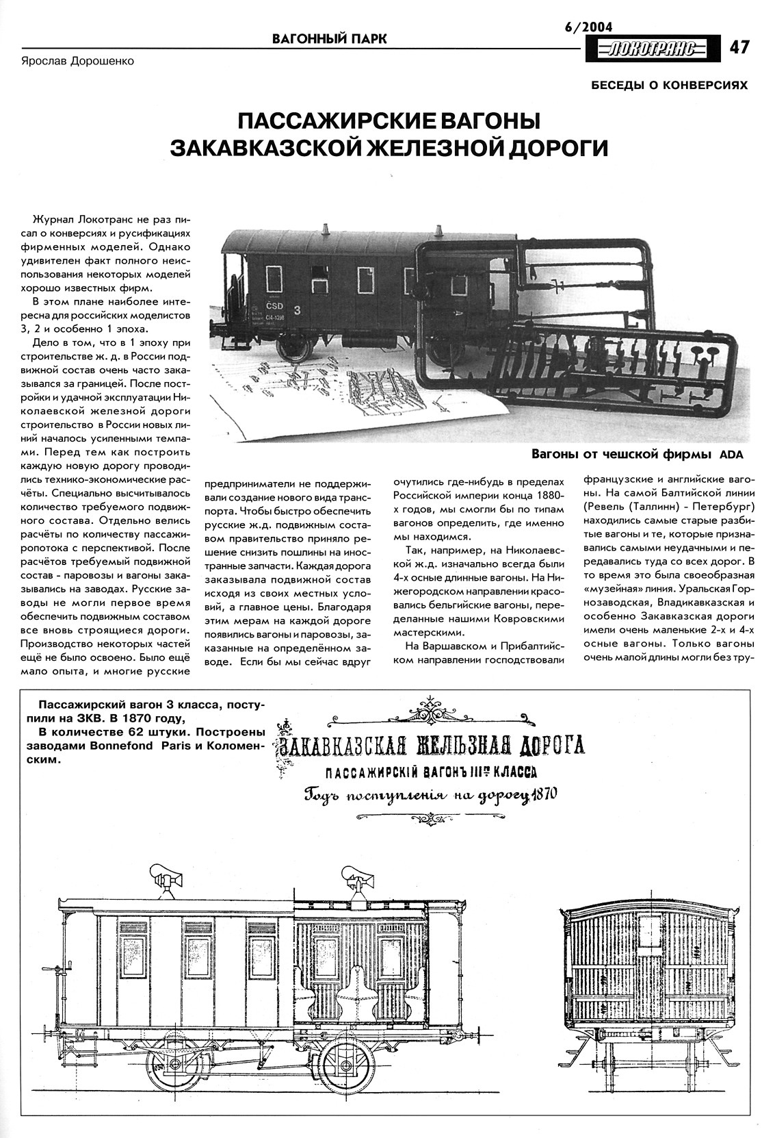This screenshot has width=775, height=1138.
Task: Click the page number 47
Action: tap(739, 47)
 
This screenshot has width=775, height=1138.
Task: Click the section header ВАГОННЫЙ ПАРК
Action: tap(329, 39)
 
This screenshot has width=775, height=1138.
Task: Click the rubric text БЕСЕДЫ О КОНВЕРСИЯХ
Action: tap(669, 85)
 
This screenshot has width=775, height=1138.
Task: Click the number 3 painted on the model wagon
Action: tap(298, 310)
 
